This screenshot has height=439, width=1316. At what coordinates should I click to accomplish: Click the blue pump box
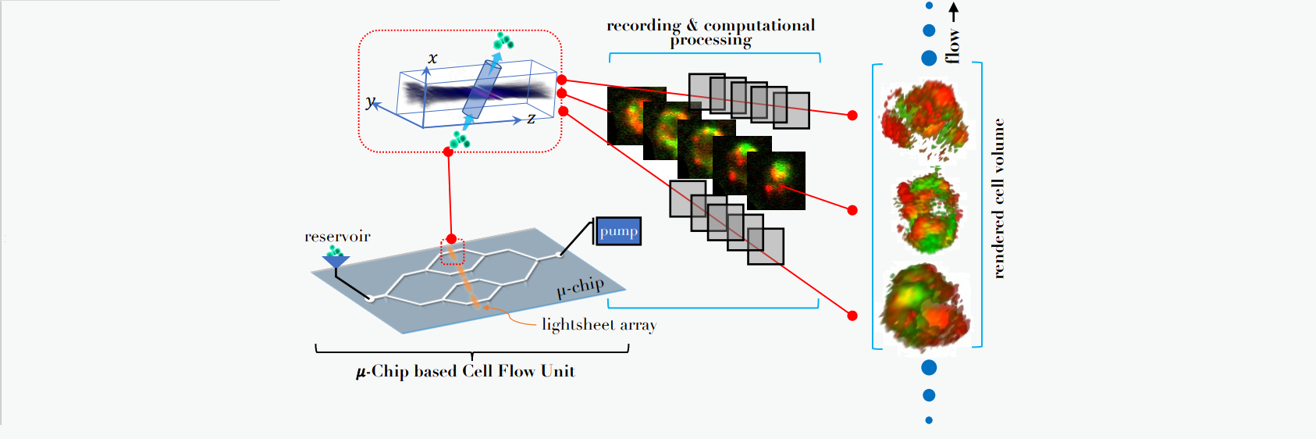(x=618, y=231)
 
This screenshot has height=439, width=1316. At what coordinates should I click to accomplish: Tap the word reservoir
(x=337, y=237)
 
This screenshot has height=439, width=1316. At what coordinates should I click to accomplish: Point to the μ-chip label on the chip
(x=580, y=287)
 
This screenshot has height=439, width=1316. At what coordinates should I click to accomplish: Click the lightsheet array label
(x=599, y=324)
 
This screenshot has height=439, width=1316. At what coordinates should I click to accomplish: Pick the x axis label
(x=432, y=59)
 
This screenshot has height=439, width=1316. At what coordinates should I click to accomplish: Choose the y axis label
(x=370, y=102)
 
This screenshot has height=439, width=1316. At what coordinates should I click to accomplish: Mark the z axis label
(x=531, y=119)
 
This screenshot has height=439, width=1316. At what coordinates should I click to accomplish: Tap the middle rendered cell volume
(x=927, y=211)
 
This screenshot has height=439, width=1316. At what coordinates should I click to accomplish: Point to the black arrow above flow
(x=953, y=12)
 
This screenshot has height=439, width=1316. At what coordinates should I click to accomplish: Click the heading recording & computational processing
(x=710, y=32)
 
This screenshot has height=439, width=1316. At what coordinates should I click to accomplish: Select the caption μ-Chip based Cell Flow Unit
(x=466, y=371)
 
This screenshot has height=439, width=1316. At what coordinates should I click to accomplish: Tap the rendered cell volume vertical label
(x=998, y=198)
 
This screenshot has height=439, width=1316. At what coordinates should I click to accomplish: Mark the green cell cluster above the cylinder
(x=503, y=41)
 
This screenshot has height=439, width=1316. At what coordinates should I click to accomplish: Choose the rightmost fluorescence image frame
(x=776, y=180)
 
